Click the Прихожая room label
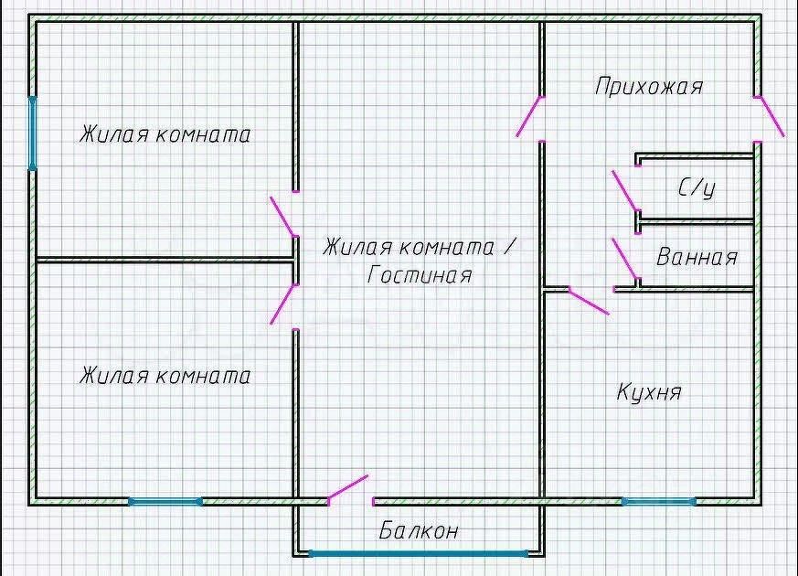649,86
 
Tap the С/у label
697,187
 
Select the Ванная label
697,257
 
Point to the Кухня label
649,392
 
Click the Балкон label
419,530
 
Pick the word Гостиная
420,275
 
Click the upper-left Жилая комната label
165,134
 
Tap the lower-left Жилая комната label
165,376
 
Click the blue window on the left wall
32,133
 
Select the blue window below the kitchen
659,502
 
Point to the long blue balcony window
419,554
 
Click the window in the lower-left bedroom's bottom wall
165,502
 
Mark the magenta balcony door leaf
347,487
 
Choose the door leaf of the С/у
625,191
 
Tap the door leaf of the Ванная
625,259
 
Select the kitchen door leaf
589,302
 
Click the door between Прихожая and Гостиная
529,116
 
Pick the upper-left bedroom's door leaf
283,217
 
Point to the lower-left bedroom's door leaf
283,304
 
